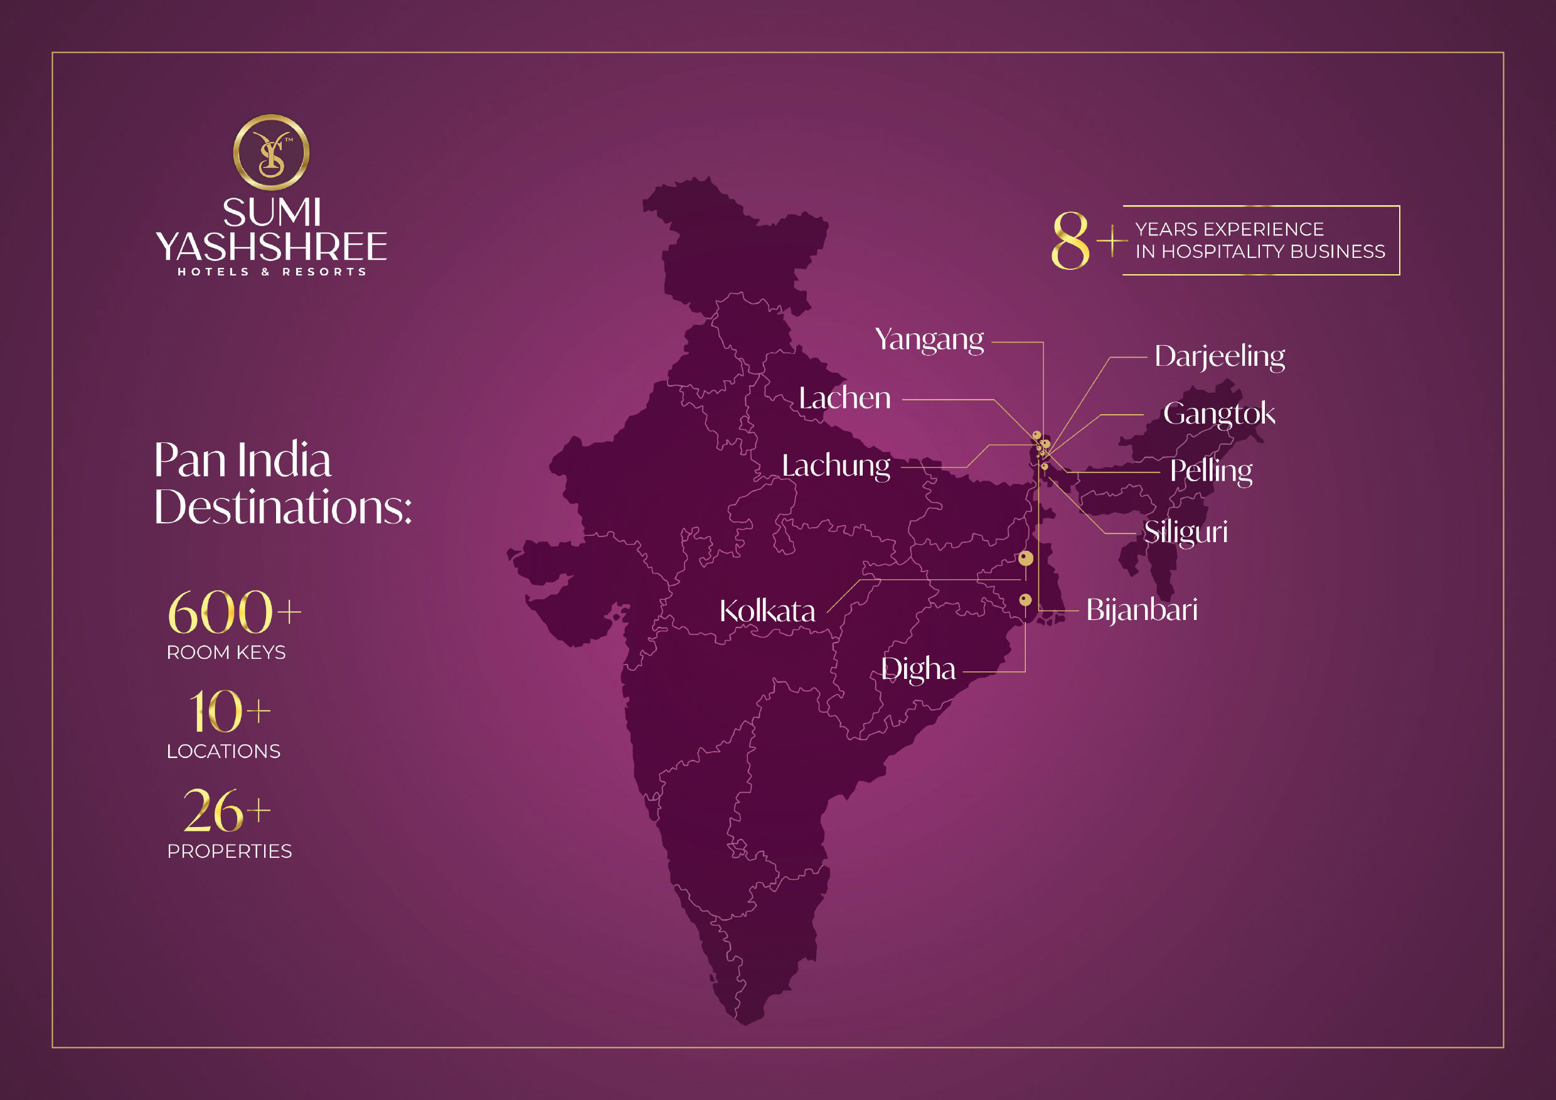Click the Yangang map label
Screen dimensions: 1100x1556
929,339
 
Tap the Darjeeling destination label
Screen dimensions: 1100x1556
1219,356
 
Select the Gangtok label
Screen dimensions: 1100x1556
1218,414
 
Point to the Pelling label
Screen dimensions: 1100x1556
1210,471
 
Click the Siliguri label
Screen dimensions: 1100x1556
1185,532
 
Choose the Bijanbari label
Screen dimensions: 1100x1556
1141,610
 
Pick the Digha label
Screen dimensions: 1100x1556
918,669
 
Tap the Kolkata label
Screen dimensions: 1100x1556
767,611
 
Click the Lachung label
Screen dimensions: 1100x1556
836,466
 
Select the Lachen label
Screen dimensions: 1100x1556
845,398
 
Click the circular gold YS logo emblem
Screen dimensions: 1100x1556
271,152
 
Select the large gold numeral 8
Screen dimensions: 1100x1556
1069,240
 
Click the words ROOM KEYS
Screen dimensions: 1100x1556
226,653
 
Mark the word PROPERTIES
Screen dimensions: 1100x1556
229,852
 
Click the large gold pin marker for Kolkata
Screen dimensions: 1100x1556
1025,558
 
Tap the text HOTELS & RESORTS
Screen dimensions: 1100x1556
271,272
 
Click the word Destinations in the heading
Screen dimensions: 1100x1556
282,507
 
